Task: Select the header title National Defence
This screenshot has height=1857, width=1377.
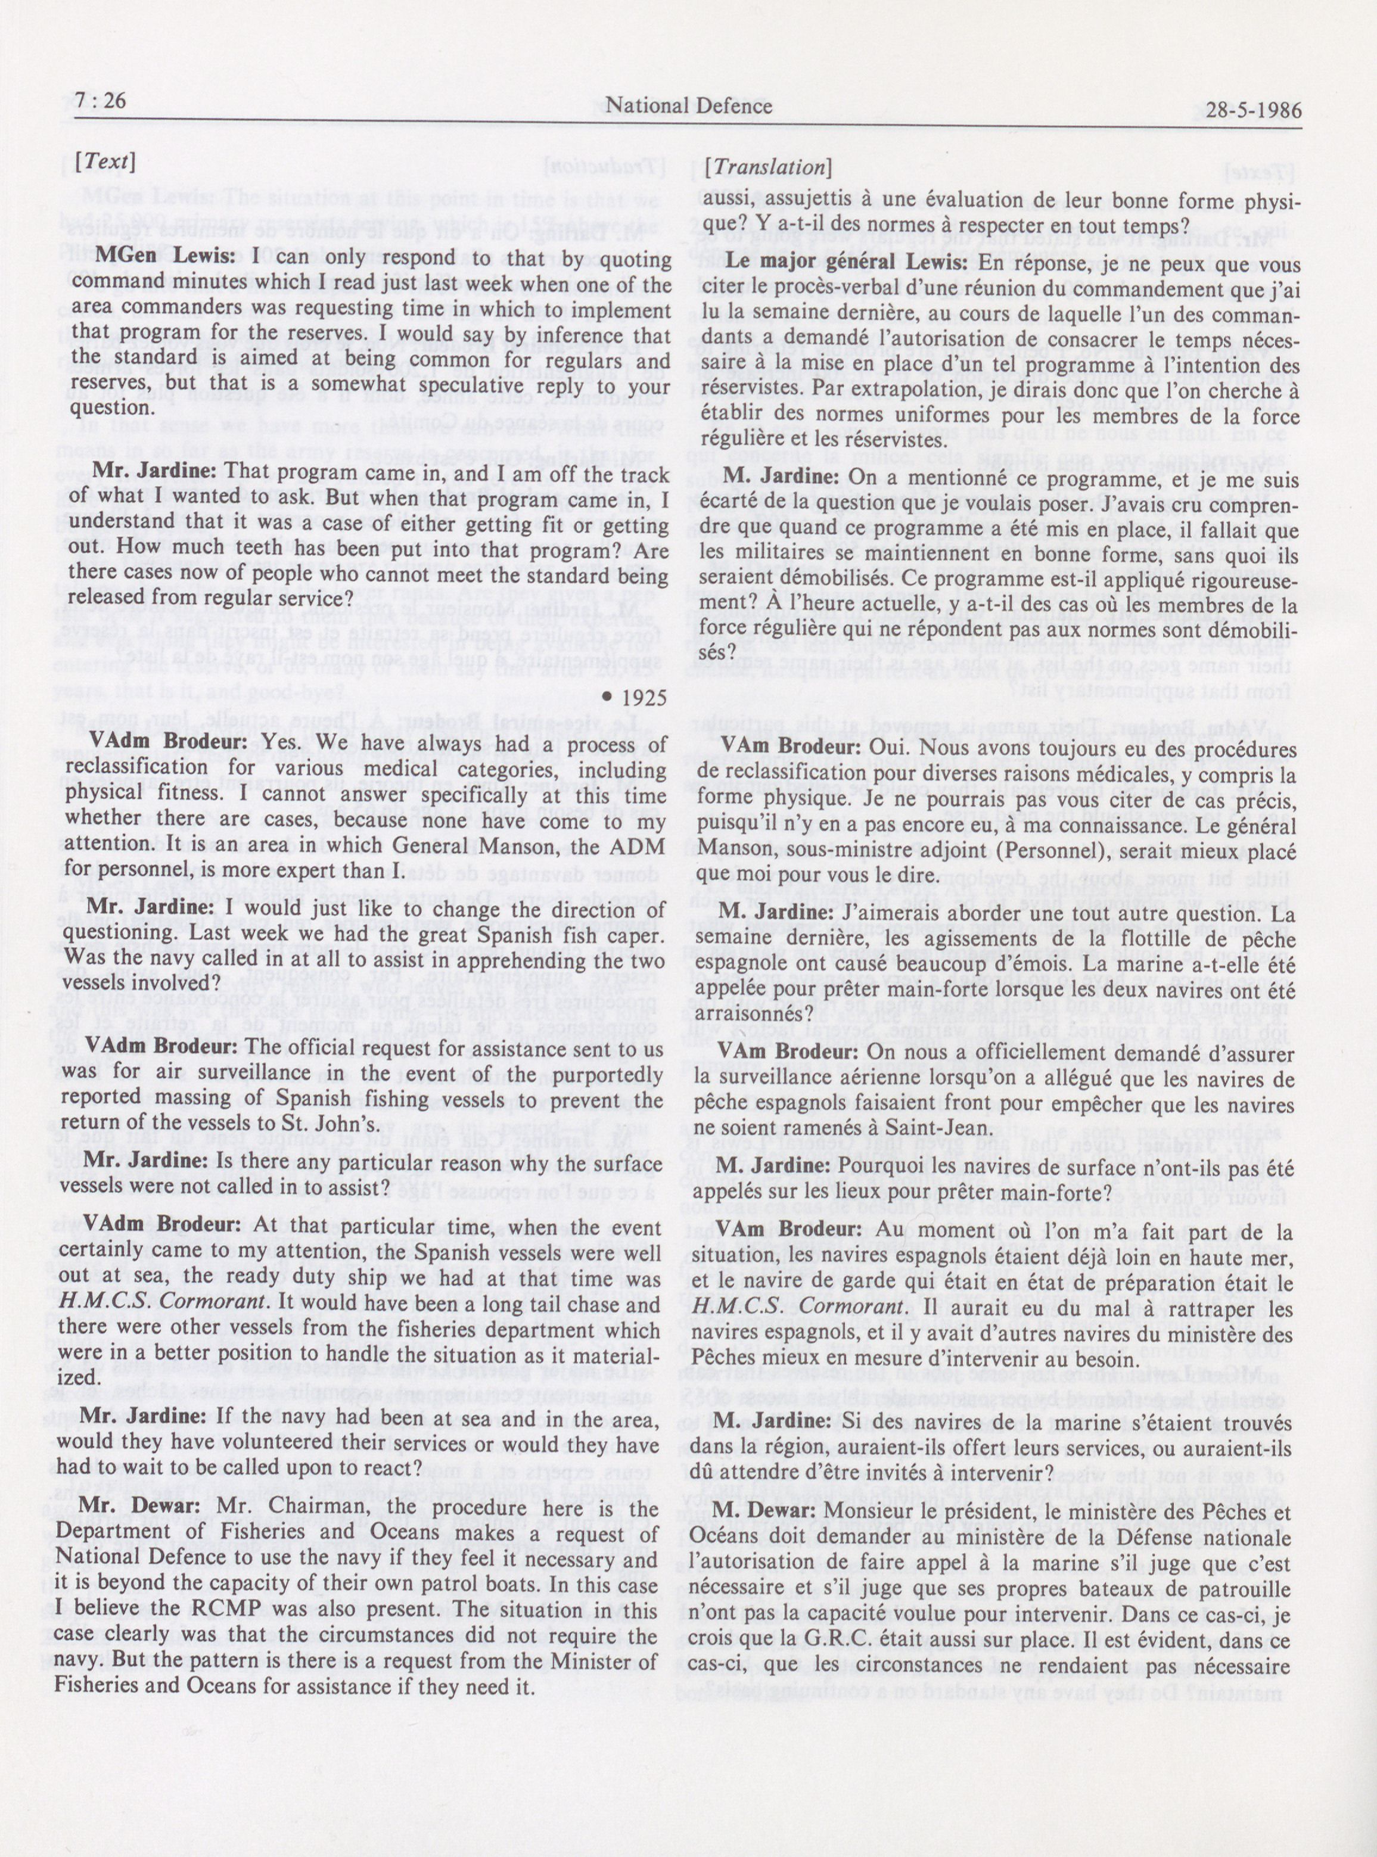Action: click(689, 106)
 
